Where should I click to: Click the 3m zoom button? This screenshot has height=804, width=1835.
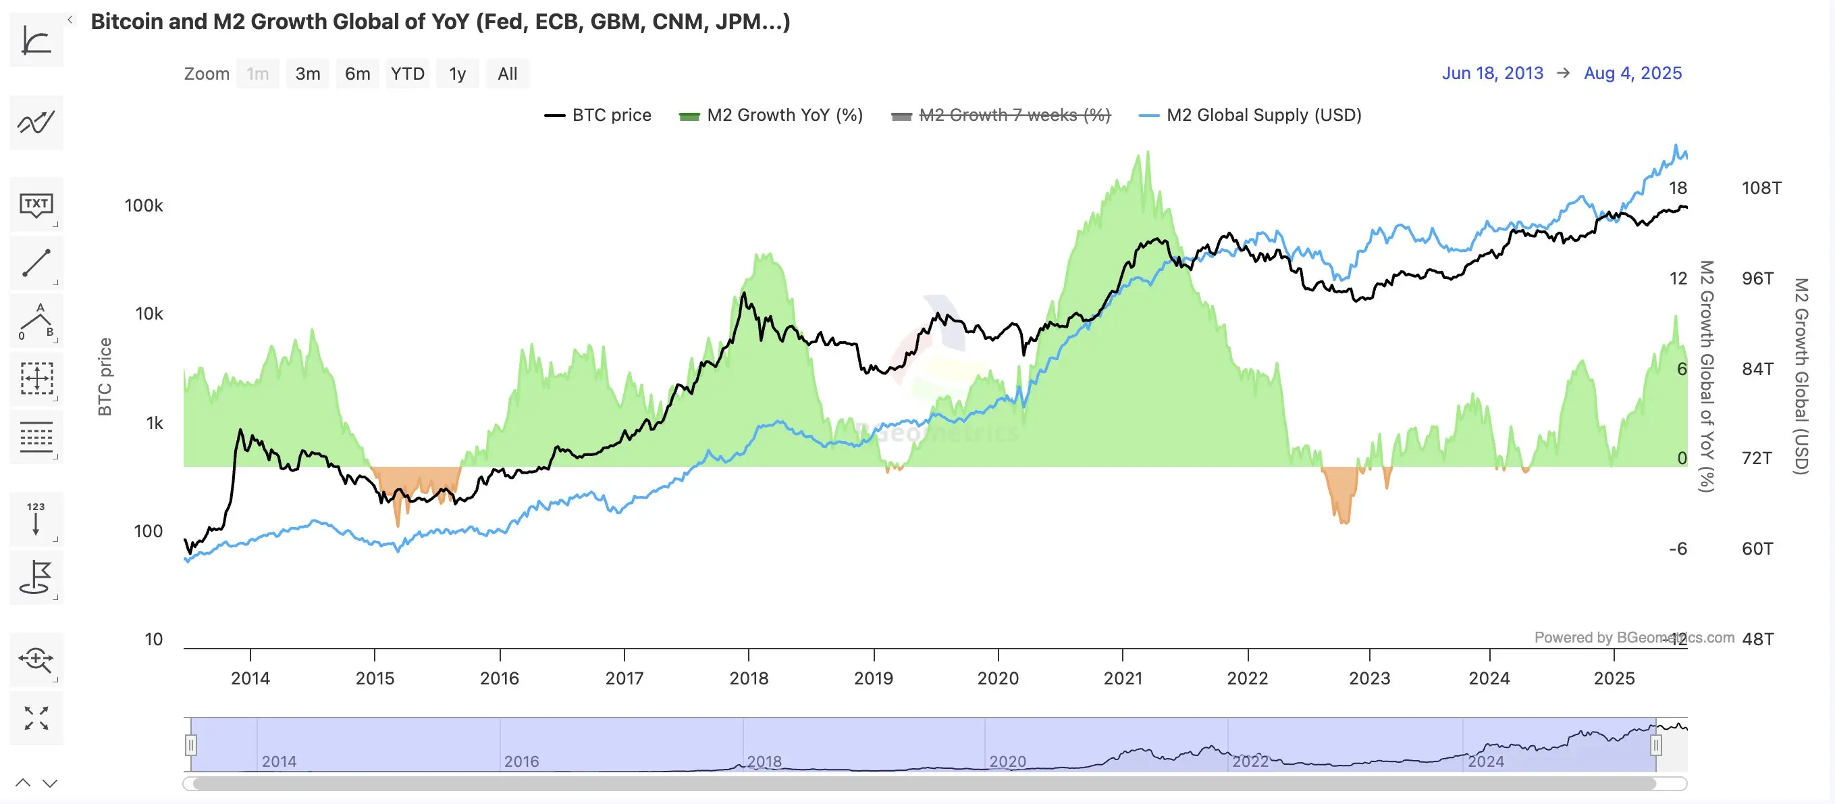(x=308, y=74)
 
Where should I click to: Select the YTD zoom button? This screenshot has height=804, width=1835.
(x=408, y=74)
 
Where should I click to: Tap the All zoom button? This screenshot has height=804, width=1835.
(x=507, y=74)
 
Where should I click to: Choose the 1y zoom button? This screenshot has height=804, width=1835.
(x=457, y=74)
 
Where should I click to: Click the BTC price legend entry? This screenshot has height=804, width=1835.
(x=598, y=116)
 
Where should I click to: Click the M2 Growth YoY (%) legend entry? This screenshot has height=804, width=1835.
(x=772, y=116)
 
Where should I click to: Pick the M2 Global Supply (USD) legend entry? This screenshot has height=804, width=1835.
(x=1251, y=116)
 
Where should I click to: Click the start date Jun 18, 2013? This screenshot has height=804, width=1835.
(x=1492, y=74)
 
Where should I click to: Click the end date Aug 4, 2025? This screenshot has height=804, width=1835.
(x=1632, y=74)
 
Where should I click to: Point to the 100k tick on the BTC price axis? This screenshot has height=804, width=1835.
(x=144, y=206)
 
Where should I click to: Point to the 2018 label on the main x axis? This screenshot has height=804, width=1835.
(x=749, y=678)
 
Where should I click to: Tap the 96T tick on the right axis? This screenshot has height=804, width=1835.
(x=1757, y=278)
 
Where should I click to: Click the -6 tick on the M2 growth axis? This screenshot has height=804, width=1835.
(x=1678, y=549)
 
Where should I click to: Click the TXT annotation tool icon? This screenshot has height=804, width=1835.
(x=36, y=205)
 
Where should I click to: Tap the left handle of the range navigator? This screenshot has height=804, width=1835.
(x=191, y=745)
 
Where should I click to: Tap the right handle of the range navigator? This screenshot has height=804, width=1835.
(x=1656, y=745)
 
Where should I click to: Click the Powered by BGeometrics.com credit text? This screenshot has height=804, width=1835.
(x=1633, y=637)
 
